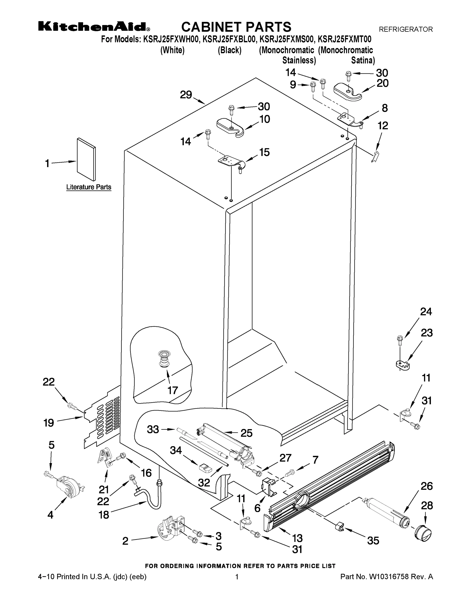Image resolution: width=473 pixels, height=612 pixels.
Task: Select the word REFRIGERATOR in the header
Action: (405, 29)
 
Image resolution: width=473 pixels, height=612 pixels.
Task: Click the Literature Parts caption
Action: (88, 187)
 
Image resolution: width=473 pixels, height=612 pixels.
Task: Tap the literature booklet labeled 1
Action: (86, 159)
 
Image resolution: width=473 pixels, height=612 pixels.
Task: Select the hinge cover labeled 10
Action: (232, 127)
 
